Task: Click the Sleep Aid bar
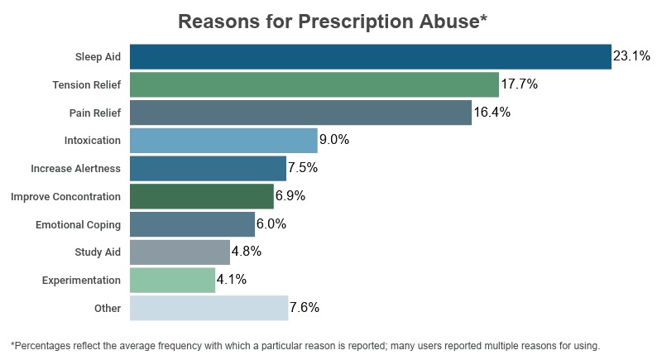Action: point(370,57)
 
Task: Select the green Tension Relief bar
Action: point(314,85)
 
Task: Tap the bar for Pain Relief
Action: point(300,113)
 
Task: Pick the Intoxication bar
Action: point(223,141)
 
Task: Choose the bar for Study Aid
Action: point(180,252)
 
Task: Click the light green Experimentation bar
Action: point(172,280)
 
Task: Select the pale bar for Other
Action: point(209,308)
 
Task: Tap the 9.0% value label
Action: point(334,141)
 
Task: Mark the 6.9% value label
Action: point(290,196)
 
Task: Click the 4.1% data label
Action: point(232,280)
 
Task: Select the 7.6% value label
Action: point(305,308)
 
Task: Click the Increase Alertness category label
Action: point(75,169)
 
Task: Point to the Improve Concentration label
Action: point(65,197)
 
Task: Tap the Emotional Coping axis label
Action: point(78,225)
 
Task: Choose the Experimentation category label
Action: point(81,281)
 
